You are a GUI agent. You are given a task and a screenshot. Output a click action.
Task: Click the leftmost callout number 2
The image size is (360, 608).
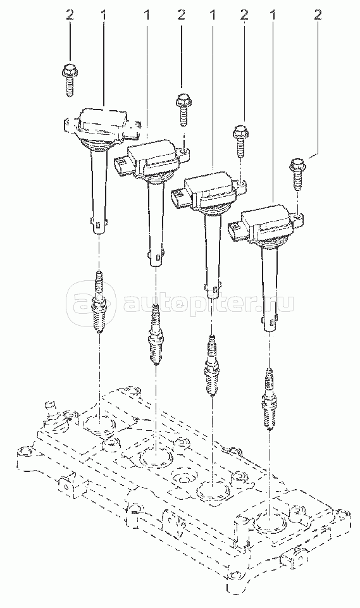[70, 15]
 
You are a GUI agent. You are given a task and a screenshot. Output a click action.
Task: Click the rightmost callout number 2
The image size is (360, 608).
[318, 15]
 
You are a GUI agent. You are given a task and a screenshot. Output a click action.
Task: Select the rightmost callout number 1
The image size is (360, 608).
[273, 15]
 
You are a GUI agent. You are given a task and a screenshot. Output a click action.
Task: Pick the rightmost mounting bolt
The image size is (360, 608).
[297, 174]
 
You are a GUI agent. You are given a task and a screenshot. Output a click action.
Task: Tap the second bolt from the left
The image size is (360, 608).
[182, 109]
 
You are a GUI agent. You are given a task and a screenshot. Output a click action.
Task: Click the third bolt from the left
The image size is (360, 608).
[240, 142]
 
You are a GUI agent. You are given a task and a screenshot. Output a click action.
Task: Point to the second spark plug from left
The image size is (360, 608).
[156, 334]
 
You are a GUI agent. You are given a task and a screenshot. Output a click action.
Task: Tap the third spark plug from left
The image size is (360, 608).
[211, 365]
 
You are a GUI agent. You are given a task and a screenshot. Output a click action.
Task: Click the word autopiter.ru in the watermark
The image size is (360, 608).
[208, 304]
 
